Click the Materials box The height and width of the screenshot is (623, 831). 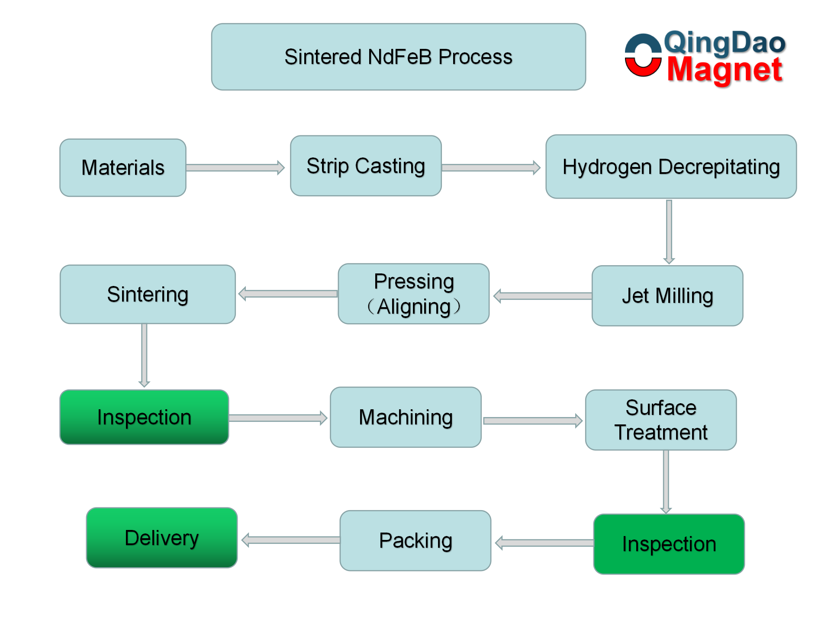(123, 168)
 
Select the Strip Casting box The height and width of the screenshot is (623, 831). (366, 166)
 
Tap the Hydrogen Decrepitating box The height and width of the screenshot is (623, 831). (671, 167)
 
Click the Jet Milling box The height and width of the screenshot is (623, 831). (667, 296)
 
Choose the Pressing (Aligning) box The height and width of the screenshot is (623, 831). (414, 294)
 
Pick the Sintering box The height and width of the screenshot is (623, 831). (148, 294)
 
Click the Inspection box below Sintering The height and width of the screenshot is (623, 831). (144, 417)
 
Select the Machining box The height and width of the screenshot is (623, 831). (406, 417)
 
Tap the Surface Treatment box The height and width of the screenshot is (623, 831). (661, 420)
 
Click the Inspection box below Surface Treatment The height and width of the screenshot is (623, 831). (669, 544)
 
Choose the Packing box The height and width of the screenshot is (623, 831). (415, 540)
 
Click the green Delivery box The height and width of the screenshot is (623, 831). (162, 538)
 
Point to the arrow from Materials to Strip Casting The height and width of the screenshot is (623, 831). (235, 167)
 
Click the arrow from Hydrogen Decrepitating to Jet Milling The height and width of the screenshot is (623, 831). (669, 232)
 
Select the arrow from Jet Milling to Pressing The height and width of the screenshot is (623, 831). (543, 296)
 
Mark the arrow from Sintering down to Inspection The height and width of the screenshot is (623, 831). (145, 355)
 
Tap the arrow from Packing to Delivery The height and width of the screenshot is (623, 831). (291, 540)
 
